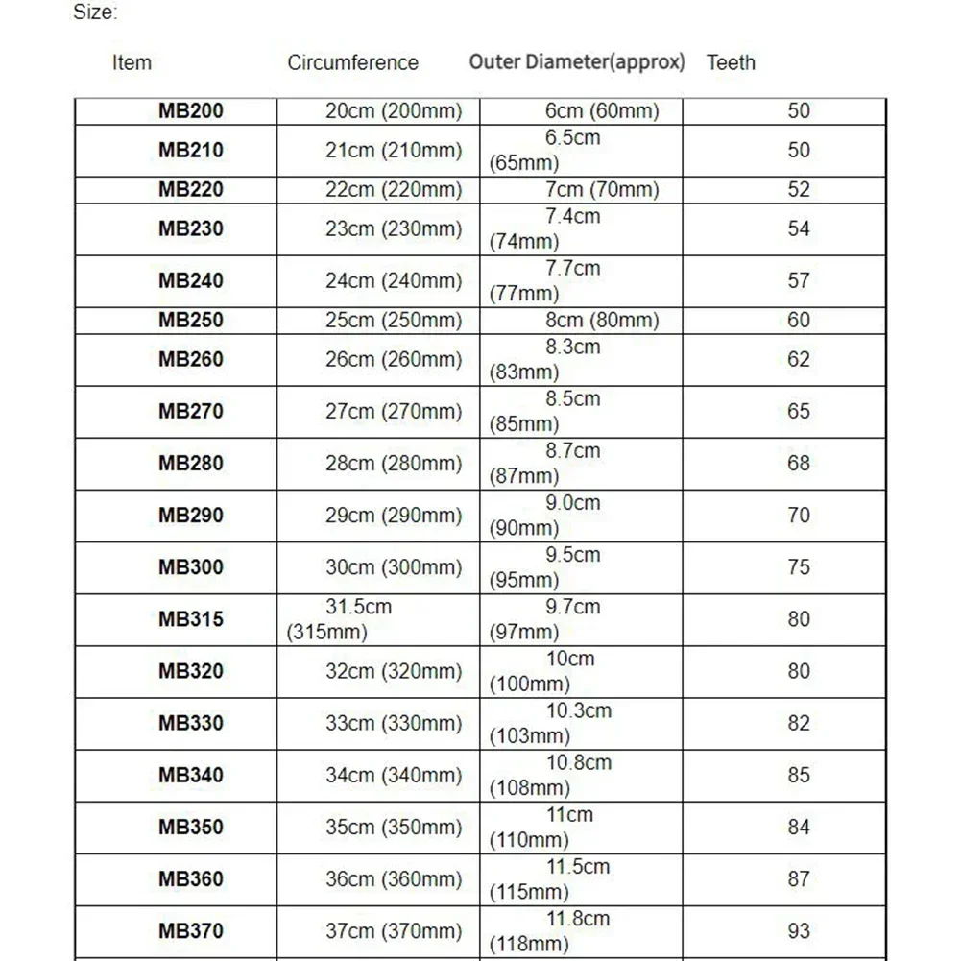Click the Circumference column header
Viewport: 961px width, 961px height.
coord(352,63)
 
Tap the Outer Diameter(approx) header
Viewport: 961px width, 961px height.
coord(577,62)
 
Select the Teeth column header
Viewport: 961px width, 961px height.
coord(731,63)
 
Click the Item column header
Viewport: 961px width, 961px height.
coord(132,63)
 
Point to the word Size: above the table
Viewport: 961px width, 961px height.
coord(95,13)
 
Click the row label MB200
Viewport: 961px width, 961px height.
coord(190,111)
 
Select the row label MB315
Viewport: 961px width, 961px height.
coord(190,619)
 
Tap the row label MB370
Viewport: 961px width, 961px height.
coord(190,930)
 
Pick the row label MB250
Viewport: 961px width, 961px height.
coord(190,320)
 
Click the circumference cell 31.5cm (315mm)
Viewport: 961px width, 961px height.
coord(341,619)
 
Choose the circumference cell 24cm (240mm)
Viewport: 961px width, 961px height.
coord(394,281)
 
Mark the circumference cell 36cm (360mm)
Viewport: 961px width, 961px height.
coord(394,878)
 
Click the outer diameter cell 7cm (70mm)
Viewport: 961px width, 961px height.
coord(602,190)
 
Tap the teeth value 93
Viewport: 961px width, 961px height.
coord(799,930)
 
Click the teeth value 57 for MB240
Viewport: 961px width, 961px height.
coord(799,281)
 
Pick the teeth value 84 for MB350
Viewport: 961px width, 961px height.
coord(799,827)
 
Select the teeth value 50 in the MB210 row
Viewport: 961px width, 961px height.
coord(799,151)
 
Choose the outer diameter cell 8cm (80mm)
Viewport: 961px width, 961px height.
coord(602,320)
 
